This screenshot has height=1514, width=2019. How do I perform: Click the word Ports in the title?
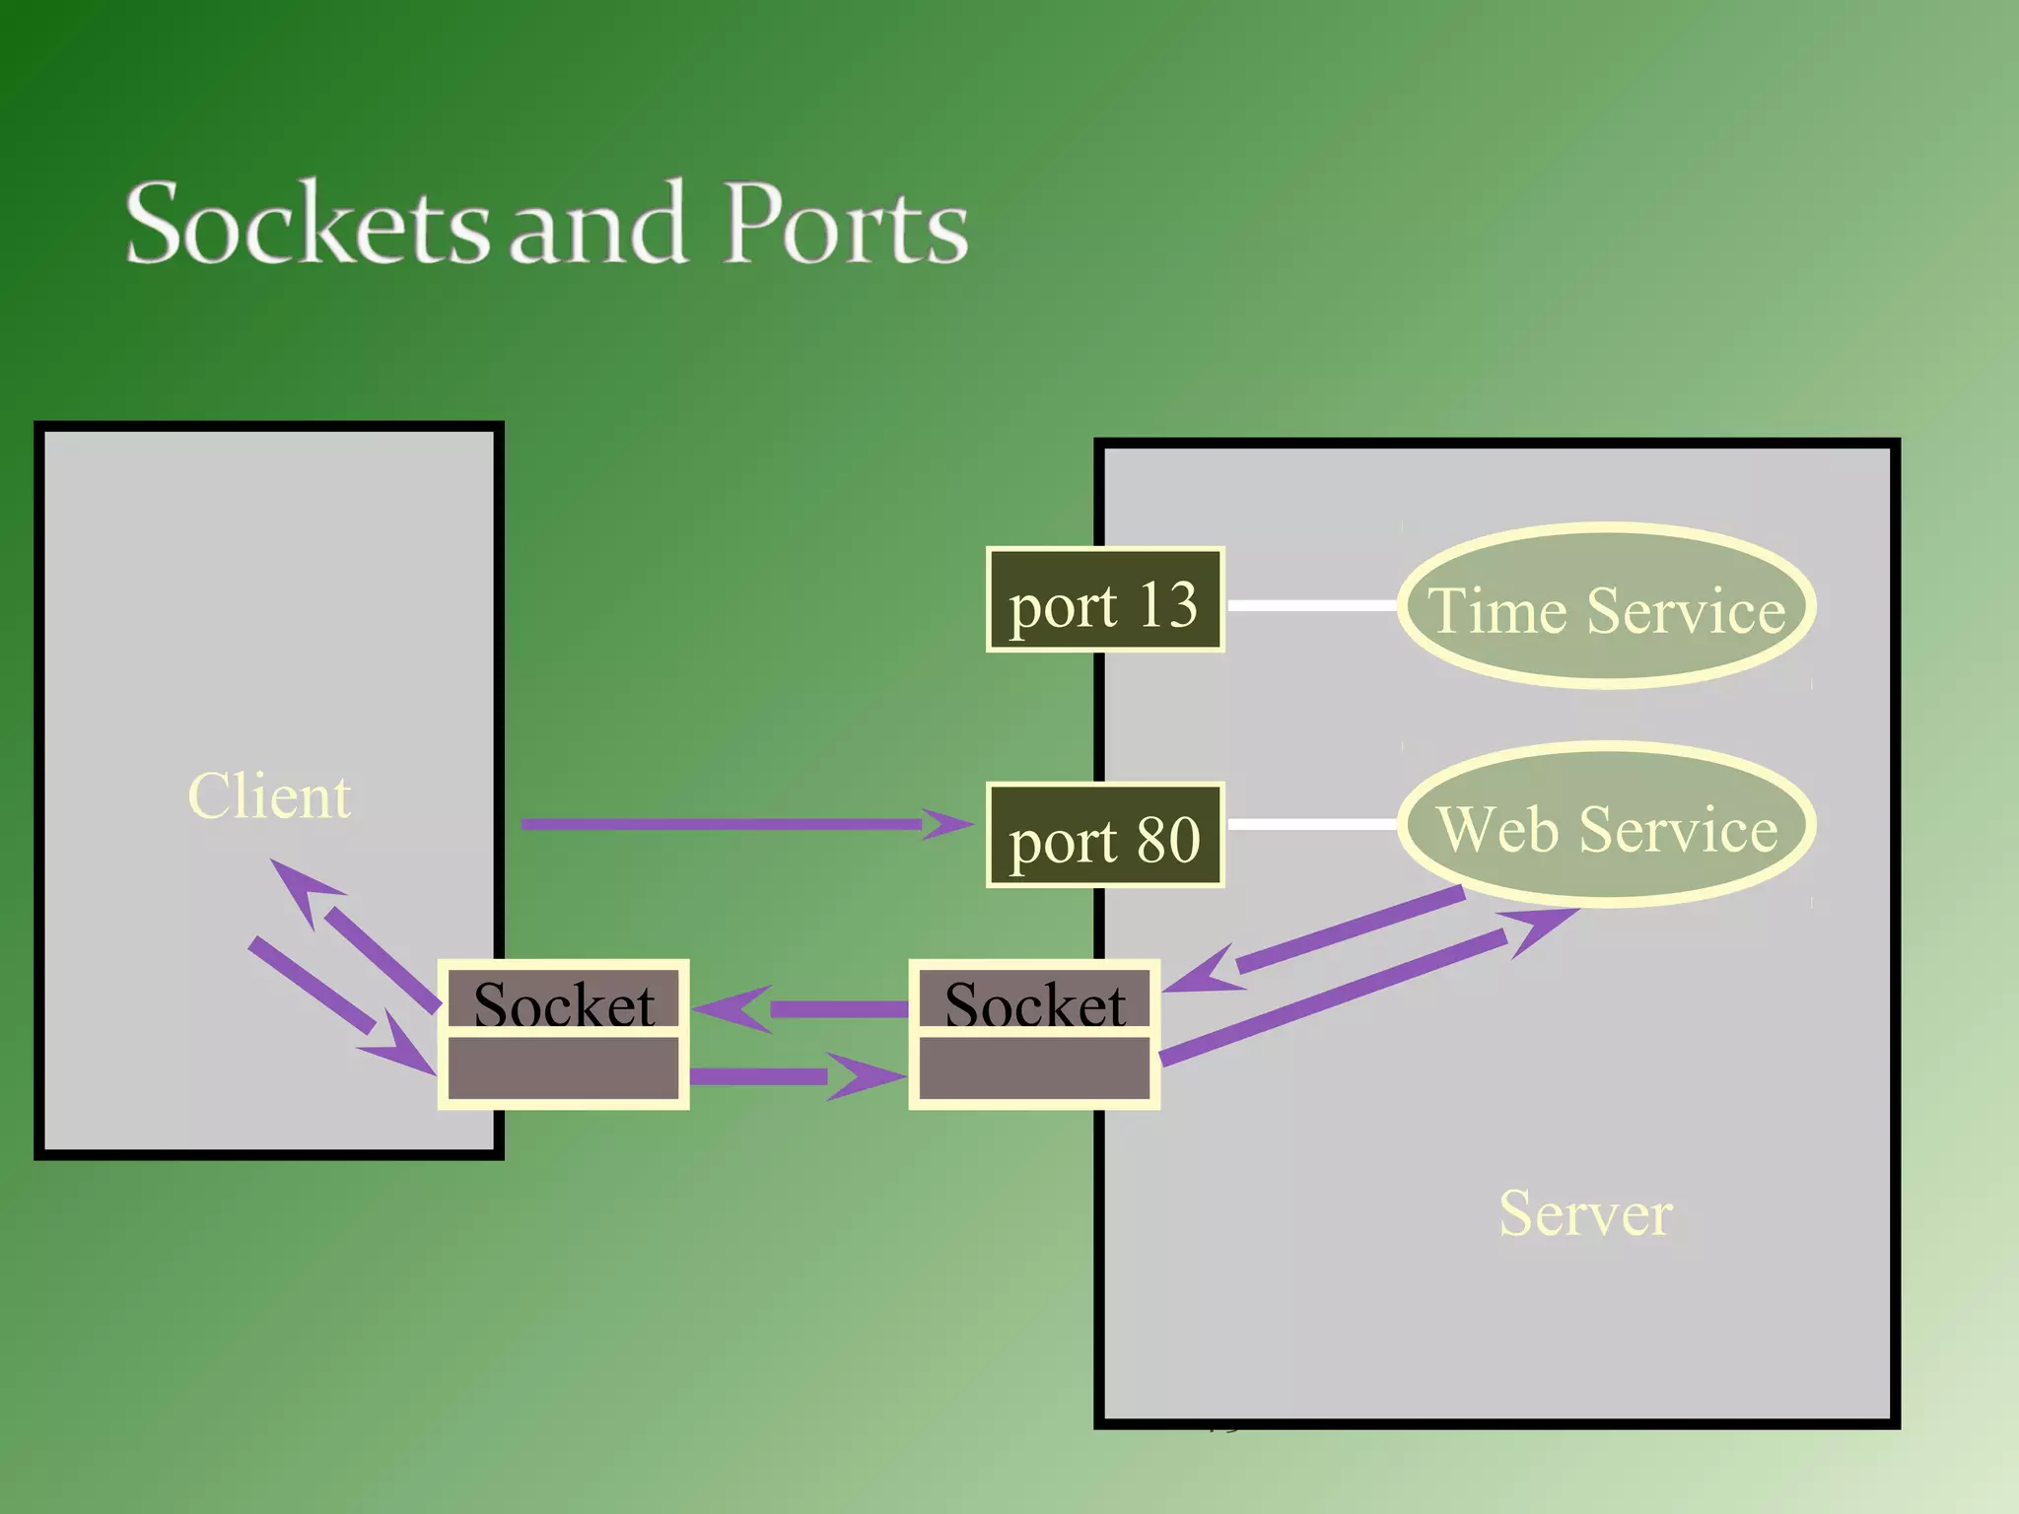pos(846,225)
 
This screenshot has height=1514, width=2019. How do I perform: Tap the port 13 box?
pos(1105,600)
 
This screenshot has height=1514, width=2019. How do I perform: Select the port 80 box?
pos(1105,837)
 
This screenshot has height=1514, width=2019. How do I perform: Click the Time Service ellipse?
pos(1606,606)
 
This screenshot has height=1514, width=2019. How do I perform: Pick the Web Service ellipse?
pos(1606,826)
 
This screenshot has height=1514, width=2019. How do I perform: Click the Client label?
pos(269,796)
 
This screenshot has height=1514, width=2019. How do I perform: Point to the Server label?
pos(1585,1213)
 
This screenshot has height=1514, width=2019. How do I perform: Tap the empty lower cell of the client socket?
pos(563,1068)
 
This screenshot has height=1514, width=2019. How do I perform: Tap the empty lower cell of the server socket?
pos(1034,1068)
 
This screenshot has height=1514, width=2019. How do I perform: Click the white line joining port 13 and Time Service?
pos(1311,605)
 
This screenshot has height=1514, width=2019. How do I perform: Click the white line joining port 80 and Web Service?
pos(1311,824)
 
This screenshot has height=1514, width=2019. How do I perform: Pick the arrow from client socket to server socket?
pos(769,1076)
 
